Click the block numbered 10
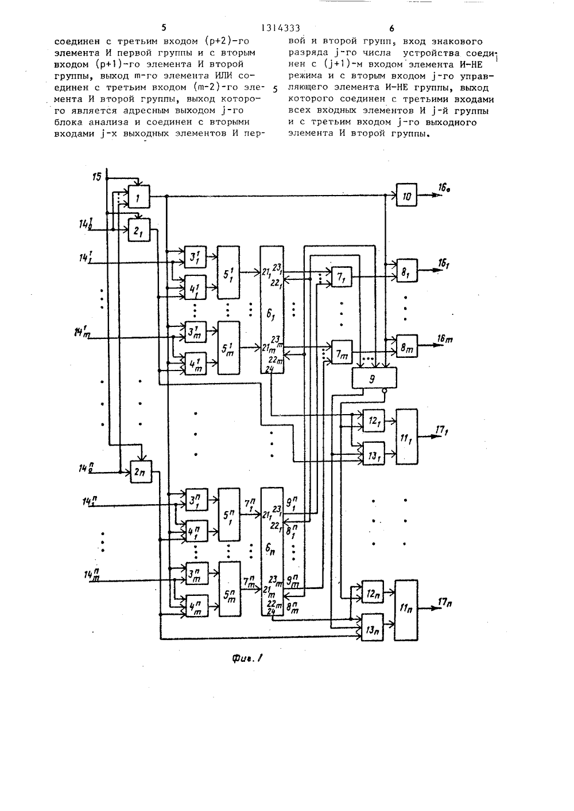[406, 195]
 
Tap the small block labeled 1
[139, 197]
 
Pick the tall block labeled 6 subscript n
[272, 552]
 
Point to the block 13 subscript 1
[374, 454]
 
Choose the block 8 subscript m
[406, 346]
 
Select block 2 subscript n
[141, 472]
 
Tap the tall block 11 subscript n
[406, 611]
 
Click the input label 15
[97, 177]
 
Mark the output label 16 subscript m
[445, 339]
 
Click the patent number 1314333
[281, 28]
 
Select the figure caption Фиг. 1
[247, 659]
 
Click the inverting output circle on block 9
[385, 391]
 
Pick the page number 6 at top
[391, 28]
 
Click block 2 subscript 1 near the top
[139, 230]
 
